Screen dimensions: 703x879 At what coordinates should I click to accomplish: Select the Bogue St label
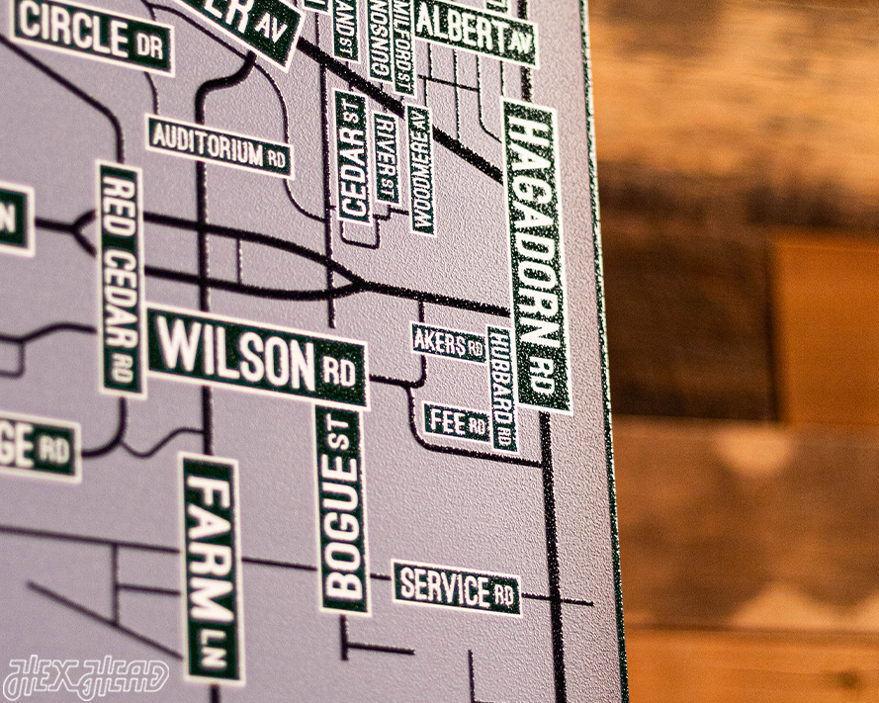click(x=342, y=510)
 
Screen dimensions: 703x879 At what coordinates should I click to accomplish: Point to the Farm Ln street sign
click(x=211, y=569)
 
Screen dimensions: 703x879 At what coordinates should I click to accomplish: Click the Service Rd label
click(x=457, y=587)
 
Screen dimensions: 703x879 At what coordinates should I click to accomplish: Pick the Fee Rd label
click(x=457, y=423)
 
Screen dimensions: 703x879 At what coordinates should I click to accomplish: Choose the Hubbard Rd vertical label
click(x=502, y=389)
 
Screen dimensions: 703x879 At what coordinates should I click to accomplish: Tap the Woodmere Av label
click(x=420, y=170)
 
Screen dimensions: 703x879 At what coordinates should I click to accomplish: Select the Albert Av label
click(x=475, y=34)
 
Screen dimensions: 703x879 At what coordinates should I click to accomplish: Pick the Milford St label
click(x=403, y=44)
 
